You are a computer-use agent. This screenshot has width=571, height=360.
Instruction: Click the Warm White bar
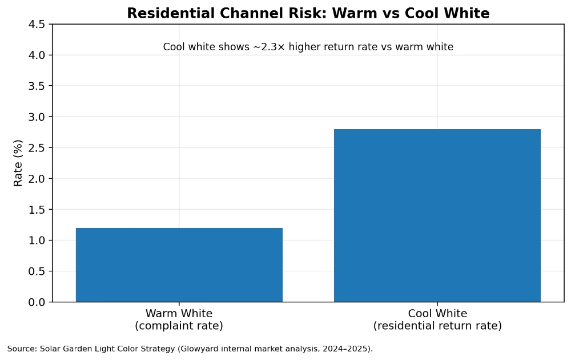(179, 265)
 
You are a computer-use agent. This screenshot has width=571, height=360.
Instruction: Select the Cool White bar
(437, 215)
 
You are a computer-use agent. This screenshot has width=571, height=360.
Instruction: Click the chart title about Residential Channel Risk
(308, 13)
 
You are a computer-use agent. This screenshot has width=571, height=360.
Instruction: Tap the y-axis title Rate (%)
(18, 163)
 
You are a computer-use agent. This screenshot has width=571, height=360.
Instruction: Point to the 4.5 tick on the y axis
(38, 25)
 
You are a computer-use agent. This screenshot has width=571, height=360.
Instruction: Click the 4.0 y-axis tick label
(38, 55)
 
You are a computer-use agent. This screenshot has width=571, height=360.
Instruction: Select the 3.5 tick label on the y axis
(38, 86)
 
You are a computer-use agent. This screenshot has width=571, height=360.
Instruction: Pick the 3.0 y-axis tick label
(38, 117)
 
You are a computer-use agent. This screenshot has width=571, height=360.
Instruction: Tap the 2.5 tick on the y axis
(38, 148)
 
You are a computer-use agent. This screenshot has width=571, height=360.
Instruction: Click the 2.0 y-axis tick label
(38, 179)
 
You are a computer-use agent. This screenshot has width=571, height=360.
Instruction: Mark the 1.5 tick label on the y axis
(38, 210)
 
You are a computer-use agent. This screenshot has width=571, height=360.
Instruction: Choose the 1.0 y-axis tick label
(38, 241)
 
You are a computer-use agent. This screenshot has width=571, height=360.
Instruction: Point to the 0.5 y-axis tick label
(38, 271)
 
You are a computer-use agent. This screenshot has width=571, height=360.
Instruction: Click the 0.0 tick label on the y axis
(38, 302)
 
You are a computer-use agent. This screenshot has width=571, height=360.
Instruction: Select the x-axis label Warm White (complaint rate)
(179, 319)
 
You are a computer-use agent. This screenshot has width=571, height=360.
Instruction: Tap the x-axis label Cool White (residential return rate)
(437, 319)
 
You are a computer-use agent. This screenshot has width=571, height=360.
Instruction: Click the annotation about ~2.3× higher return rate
(308, 47)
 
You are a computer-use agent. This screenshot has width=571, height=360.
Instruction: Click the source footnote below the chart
(190, 349)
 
